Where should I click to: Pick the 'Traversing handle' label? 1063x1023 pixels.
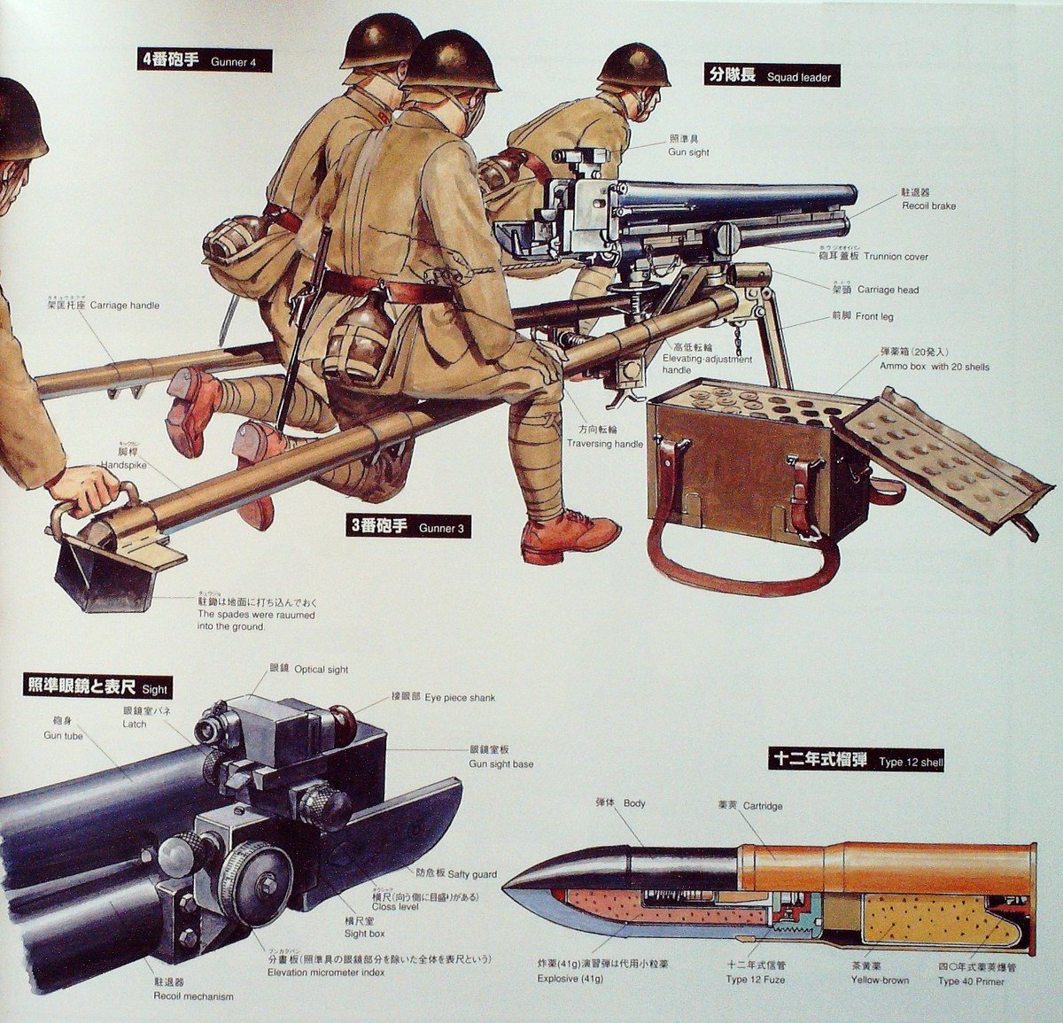(x=604, y=443)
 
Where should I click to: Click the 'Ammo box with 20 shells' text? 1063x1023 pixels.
(x=934, y=366)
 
